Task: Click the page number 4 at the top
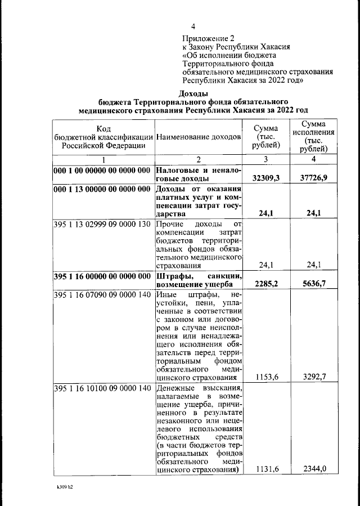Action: pyautogui.click(x=193, y=26)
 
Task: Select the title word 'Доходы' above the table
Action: pyautogui.click(x=193, y=93)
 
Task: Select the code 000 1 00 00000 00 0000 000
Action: pyautogui.click(x=102, y=170)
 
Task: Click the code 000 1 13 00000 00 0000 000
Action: pyautogui.click(x=102, y=189)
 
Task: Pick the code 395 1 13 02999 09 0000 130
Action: pyautogui.click(x=102, y=225)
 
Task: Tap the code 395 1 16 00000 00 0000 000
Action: pyautogui.click(x=102, y=276)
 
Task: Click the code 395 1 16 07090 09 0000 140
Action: pyautogui.click(x=102, y=294)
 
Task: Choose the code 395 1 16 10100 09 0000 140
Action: pyautogui.click(x=102, y=388)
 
